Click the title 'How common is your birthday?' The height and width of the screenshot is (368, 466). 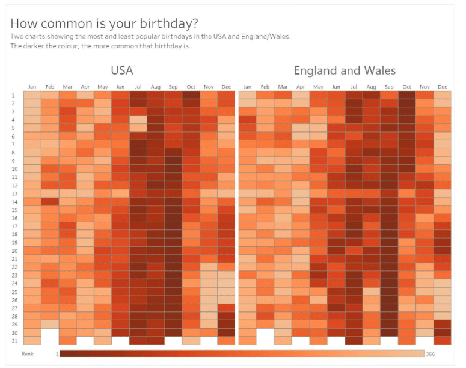tap(104, 23)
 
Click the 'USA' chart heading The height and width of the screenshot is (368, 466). tap(122, 70)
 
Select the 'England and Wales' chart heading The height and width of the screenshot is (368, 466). tap(345, 70)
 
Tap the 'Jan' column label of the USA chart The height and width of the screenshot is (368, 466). tap(32, 87)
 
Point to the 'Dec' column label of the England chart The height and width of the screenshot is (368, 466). tap(442, 87)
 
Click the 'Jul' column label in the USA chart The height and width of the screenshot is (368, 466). tap(138, 87)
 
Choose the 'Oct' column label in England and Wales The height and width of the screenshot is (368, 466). tap(406, 87)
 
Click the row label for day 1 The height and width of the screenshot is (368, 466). tap(13, 95)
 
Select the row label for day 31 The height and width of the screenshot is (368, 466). tap(13, 341)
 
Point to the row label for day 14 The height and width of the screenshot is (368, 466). tap(13, 202)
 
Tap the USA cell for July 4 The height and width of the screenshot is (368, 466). tap(138, 119)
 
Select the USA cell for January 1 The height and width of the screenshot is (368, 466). tap(32, 95)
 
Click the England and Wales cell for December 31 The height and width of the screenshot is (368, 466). tap(442, 340)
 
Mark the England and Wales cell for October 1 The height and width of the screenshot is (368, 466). tap(406, 95)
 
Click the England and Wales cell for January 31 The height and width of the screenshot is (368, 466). tap(247, 340)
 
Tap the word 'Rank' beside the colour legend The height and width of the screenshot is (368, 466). tap(28, 354)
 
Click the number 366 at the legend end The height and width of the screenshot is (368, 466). tap(431, 354)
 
